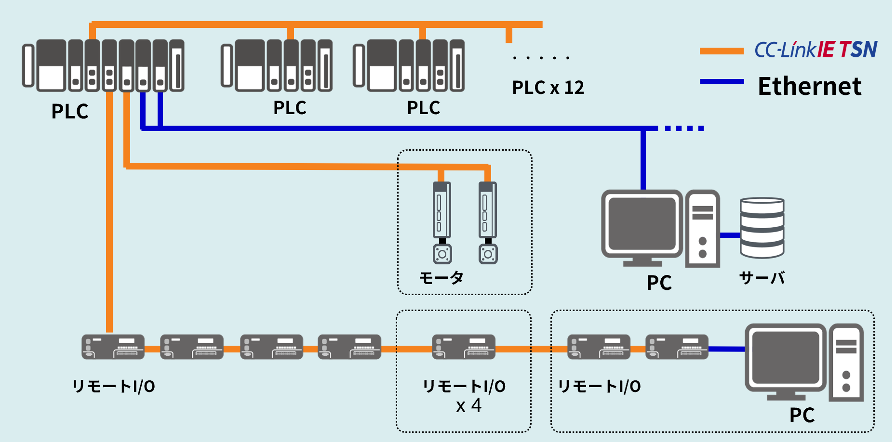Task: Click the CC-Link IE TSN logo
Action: pyautogui.click(x=816, y=50)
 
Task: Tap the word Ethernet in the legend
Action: pyautogui.click(x=809, y=87)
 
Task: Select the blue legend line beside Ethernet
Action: pyautogui.click(x=722, y=82)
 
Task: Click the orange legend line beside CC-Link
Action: pyautogui.click(x=722, y=51)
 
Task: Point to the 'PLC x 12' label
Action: pyautogui.click(x=548, y=88)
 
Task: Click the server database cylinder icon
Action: pyautogui.click(x=762, y=228)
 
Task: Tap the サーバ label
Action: pyautogui.click(x=762, y=278)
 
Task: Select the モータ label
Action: pyautogui.click(x=441, y=278)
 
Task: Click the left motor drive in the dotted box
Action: pyautogui.click(x=441, y=210)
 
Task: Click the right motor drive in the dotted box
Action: pyautogui.click(x=487, y=210)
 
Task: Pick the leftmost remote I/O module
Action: pyautogui.click(x=113, y=347)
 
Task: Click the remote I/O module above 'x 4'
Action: pyautogui.click(x=464, y=347)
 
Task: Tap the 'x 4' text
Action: pyautogui.click(x=468, y=406)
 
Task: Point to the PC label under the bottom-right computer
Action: pyautogui.click(x=802, y=415)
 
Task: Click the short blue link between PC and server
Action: pyautogui.click(x=730, y=235)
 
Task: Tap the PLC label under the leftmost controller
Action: pyautogui.click(x=70, y=111)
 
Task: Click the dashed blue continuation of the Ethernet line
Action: pyautogui.click(x=684, y=128)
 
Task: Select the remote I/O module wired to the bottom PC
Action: pyautogui.click(x=677, y=347)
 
